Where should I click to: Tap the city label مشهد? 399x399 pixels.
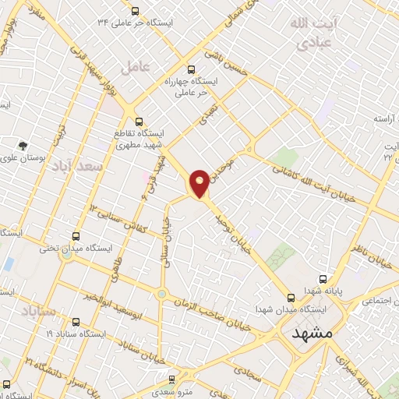(x=312, y=333)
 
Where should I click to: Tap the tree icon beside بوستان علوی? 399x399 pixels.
(x=23, y=145)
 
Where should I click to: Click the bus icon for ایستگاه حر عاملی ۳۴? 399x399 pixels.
(x=136, y=11)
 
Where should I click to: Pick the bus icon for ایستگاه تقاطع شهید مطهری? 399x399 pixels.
(x=139, y=121)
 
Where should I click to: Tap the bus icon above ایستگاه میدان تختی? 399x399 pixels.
(x=76, y=235)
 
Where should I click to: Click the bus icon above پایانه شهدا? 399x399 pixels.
(x=323, y=278)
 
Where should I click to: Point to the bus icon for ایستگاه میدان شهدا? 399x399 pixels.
(x=291, y=298)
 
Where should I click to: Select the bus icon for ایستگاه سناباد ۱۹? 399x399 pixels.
(x=75, y=321)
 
